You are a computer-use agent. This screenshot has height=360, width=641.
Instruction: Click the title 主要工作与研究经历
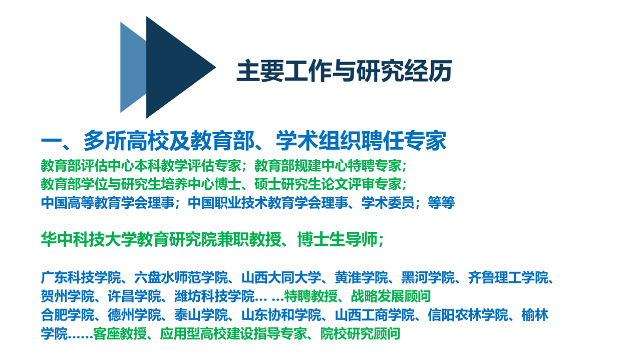(x=344, y=71)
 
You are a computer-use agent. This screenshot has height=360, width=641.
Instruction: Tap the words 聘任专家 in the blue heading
(x=404, y=141)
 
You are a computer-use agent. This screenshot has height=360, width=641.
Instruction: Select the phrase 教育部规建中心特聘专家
(x=328, y=166)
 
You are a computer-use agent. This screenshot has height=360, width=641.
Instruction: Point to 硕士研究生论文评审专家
(x=328, y=184)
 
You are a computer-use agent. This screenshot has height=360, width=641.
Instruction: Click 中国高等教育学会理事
(x=108, y=203)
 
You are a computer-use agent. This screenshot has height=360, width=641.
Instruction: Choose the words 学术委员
(x=388, y=203)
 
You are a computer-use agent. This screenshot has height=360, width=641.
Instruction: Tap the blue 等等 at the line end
(x=441, y=203)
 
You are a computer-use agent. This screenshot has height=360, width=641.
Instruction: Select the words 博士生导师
(x=338, y=239)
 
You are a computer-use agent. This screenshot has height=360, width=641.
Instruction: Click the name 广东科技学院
(x=81, y=277)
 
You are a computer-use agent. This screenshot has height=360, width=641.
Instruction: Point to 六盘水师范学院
(x=181, y=277)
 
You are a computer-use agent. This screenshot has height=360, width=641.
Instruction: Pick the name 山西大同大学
(x=281, y=277)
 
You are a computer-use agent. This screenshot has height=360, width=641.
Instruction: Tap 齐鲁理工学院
(x=508, y=277)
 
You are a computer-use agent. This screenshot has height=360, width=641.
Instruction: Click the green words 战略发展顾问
(x=391, y=296)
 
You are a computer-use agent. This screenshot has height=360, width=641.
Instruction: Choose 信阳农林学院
(x=468, y=315)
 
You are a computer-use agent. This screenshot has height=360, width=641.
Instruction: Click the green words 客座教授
(x=120, y=333)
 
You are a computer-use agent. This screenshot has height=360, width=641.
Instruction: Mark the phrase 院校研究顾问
(x=360, y=333)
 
